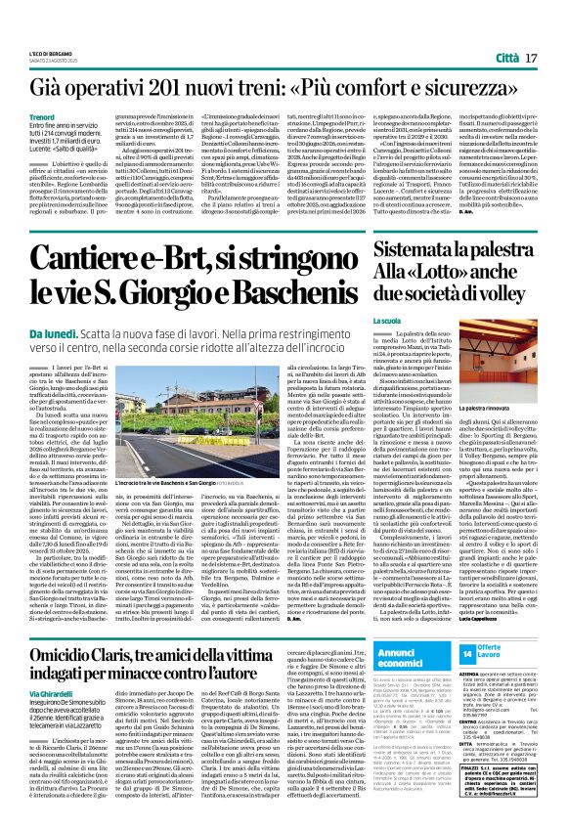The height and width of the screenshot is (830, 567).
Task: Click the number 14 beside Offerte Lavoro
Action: click(468, 652)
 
